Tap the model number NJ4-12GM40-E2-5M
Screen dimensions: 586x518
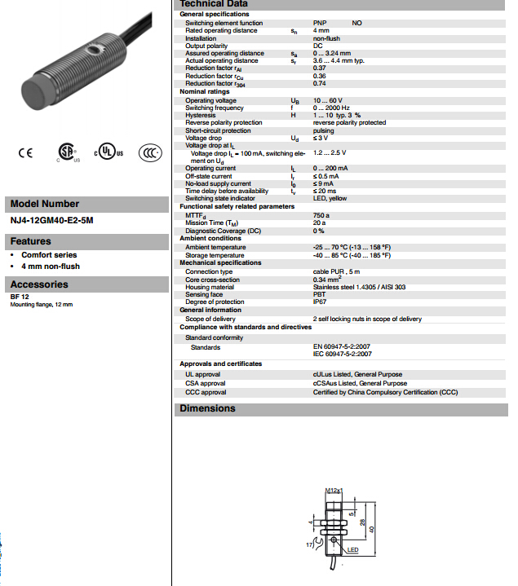coord(51,220)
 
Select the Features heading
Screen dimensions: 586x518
coord(30,241)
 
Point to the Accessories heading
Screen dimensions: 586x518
coord(39,284)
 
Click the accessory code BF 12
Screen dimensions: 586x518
coord(20,297)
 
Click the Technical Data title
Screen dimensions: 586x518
coord(213,4)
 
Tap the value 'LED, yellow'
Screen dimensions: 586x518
coord(330,198)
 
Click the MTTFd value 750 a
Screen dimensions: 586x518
coord(322,215)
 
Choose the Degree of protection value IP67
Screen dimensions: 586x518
coord(321,302)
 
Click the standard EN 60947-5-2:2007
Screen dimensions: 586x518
coord(343,347)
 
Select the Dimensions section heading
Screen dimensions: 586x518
coord(207,408)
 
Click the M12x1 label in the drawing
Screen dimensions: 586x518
coord(333,491)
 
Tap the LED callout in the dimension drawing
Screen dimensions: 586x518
coord(353,550)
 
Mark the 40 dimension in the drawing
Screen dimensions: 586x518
coord(371,529)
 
